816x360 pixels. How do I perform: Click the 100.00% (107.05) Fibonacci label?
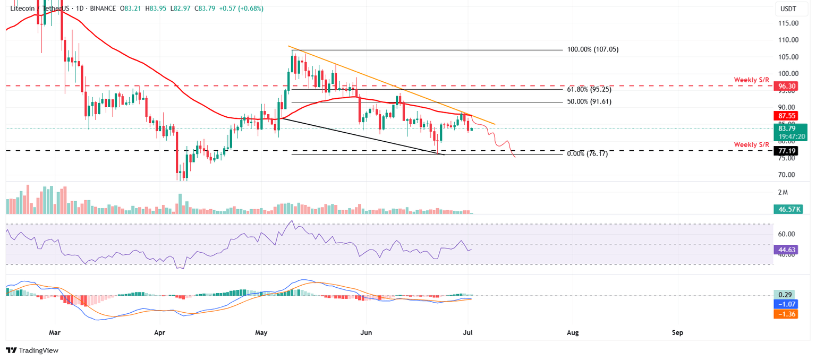593,49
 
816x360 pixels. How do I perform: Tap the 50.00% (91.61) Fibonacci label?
589,101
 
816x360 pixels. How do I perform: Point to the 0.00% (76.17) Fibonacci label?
587,153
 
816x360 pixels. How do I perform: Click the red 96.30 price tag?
786,85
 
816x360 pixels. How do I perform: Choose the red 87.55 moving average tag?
786,115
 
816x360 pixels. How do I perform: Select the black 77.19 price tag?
786,151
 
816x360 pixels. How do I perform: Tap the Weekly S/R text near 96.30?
751,80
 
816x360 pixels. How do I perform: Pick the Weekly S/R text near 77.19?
751,144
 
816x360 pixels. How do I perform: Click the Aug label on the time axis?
573,333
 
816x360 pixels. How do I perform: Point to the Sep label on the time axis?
677,333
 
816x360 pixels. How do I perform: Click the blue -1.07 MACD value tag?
786,305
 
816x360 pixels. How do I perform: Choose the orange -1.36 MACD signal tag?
786,314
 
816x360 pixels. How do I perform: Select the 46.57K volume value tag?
786,209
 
